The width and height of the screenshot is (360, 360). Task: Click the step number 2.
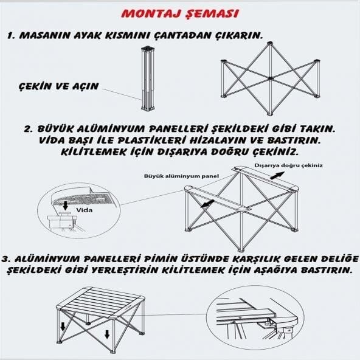coord(28,130)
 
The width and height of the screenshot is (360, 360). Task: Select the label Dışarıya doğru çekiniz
coord(289,165)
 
